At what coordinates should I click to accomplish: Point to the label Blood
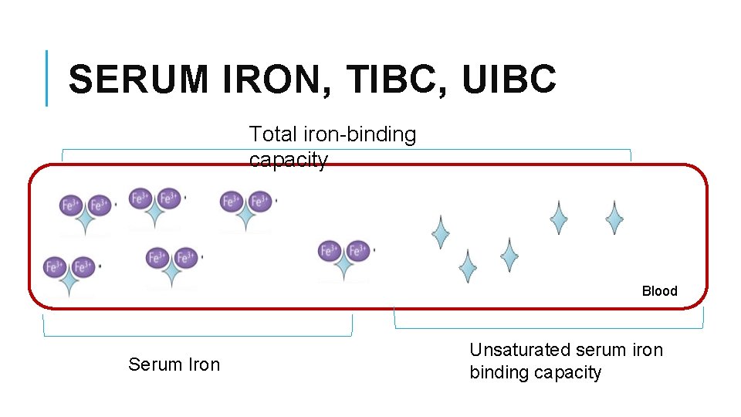(659, 291)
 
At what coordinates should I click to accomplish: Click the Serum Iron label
(174, 364)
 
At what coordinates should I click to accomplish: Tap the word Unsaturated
(523, 350)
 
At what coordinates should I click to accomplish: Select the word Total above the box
(272, 134)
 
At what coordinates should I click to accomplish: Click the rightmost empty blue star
(614, 218)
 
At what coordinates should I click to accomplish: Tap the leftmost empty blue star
(440, 232)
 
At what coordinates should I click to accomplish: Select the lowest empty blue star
(467, 266)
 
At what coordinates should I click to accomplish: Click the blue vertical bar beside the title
(47, 78)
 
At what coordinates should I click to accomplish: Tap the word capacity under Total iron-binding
(288, 160)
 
